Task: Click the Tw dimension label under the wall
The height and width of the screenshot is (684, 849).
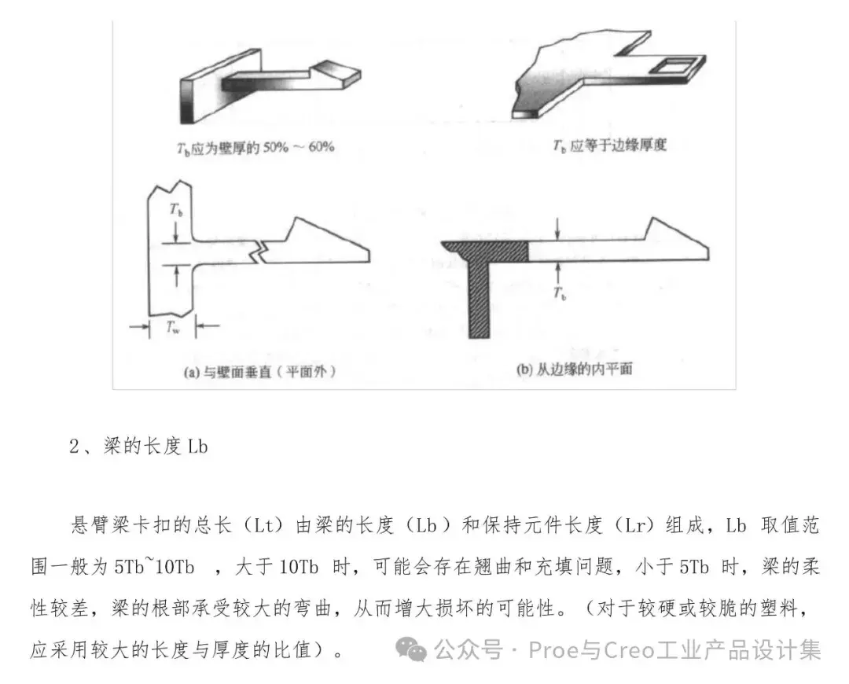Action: (173, 327)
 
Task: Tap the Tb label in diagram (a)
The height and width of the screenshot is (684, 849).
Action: (176, 210)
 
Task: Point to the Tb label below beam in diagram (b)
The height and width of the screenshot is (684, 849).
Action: (560, 293)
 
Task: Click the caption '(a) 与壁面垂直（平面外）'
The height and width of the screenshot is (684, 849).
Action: (260, 372)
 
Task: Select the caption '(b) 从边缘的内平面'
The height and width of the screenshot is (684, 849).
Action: (575, 370)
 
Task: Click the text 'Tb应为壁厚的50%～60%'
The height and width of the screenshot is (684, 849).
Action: (255, 147)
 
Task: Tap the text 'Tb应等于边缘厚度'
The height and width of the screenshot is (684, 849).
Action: (610, 145)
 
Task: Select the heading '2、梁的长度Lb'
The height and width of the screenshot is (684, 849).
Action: (138, 447)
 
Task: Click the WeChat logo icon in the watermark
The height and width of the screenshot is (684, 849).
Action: (411, 649)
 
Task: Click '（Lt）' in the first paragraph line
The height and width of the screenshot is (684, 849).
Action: (263, 525)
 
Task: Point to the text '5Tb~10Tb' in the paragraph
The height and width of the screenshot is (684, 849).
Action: (154, 567)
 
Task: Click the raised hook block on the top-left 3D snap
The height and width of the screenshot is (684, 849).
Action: (336, 74)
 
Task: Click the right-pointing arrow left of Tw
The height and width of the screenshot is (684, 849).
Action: (139, 326)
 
